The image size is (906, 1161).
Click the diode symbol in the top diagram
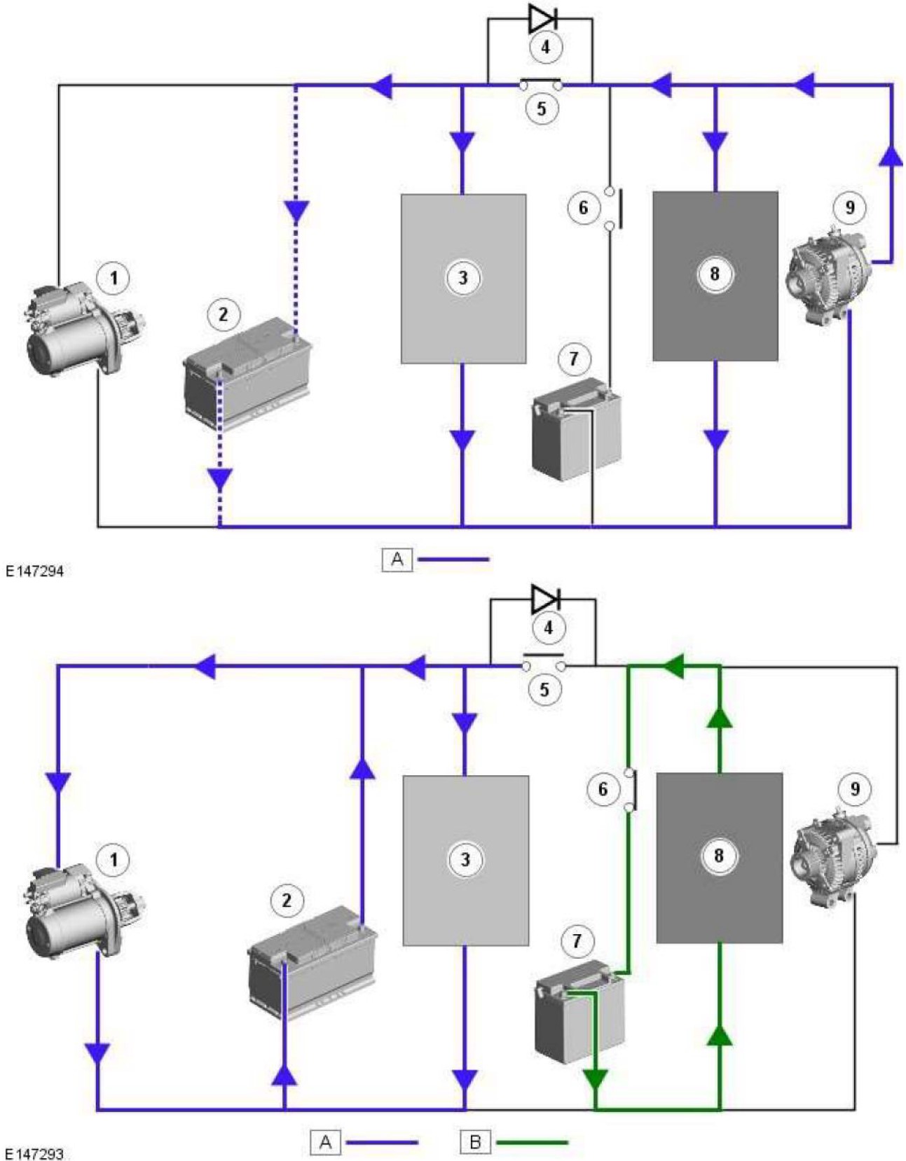coord(542,19)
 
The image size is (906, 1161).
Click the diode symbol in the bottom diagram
coord(545,599)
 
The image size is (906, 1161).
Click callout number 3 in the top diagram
coord(462,278)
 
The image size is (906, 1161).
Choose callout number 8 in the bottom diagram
coord(718,855)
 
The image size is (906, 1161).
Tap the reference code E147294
coord(34,571)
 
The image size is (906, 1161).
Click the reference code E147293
coord(34,1153)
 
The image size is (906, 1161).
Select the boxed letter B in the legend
coord(475,1142)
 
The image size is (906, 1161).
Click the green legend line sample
coord(533,1143)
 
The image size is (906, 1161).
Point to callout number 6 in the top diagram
coord(583,208)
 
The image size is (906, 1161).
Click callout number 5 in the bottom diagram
coord(544,690)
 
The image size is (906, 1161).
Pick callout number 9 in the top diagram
coord(849,207)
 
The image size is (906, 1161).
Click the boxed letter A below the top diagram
coord(397,559)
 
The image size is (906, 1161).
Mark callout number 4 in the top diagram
coord(545,48)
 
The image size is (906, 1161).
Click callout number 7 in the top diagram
coord(574,359)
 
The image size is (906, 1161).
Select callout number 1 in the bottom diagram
coord(114,858)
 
